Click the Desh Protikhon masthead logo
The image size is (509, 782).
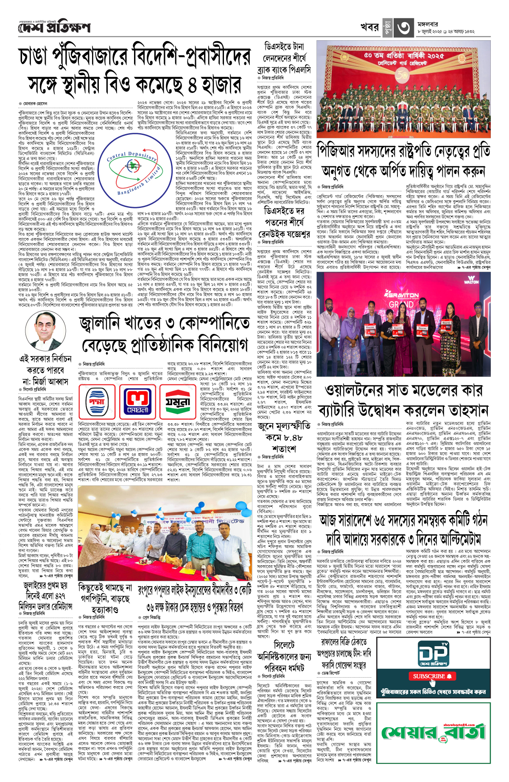coord(54,28)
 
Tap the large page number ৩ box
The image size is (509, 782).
coord(403,28)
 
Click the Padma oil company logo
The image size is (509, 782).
coord(97,401)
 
